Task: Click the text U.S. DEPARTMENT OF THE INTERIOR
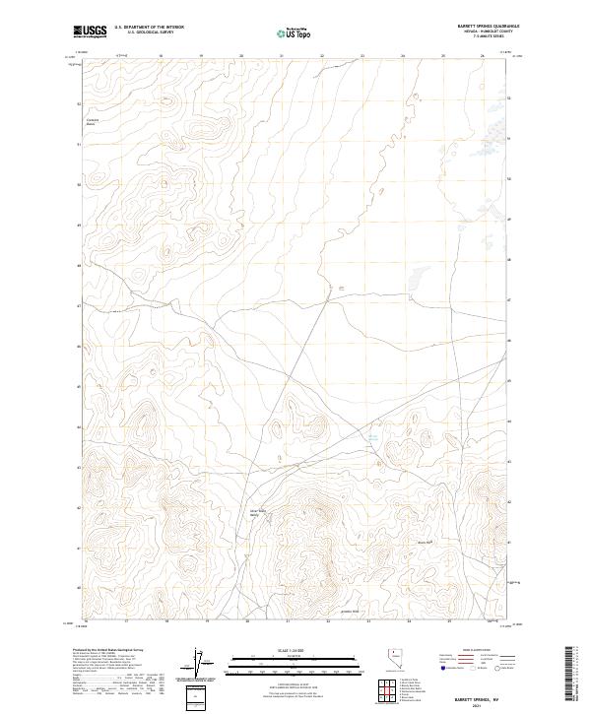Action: pyautogui.click(x=150, y=28)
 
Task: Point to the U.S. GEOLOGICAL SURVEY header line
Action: pyautogui.click(x=150, y=32)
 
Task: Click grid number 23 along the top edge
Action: pyautogui.click(x=362, y=56)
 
